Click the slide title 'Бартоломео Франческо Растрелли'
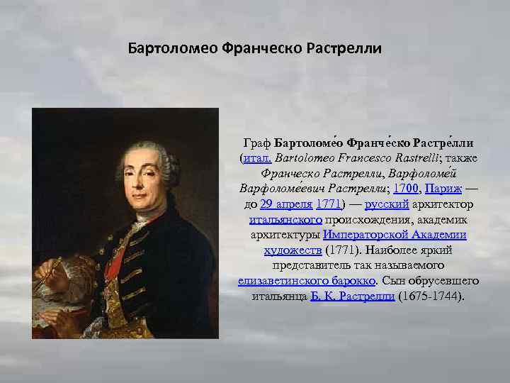[x=254, y=49]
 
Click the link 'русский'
[x=387, y=204]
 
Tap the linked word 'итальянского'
[x=276, y=220]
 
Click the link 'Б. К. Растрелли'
[x=353, y=296]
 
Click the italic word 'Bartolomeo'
[x=305, y=157]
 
